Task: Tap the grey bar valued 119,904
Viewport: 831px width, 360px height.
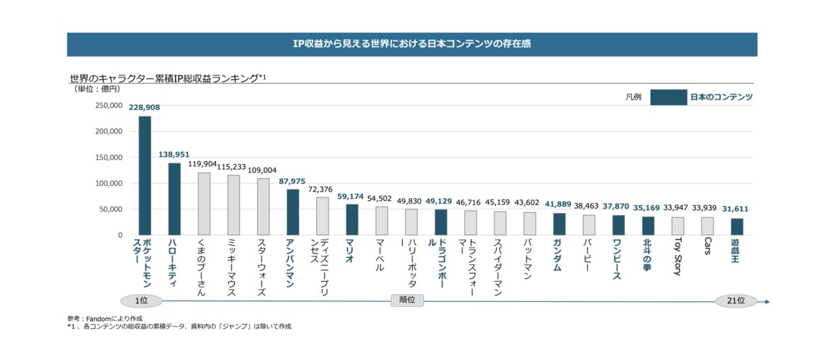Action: (x=204, y=204)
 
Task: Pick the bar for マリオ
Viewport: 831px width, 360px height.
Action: (x=352, y=219)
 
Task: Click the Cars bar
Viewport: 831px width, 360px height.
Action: (x=707, y=226)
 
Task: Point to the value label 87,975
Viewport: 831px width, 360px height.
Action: (x=293, y=182)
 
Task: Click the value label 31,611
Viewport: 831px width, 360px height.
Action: (x=737, y=209)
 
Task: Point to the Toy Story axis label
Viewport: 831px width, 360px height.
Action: (x=678, y=258)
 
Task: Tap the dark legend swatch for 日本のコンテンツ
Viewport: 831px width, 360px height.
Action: (x=668, y=97)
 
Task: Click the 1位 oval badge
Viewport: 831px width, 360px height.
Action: (x=141, y=301)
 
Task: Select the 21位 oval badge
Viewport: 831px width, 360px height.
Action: (x=736, y=301)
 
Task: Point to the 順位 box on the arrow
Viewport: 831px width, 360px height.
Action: (x=407, y=301)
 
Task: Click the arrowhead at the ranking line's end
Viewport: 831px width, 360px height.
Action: (x=766, y=302)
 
